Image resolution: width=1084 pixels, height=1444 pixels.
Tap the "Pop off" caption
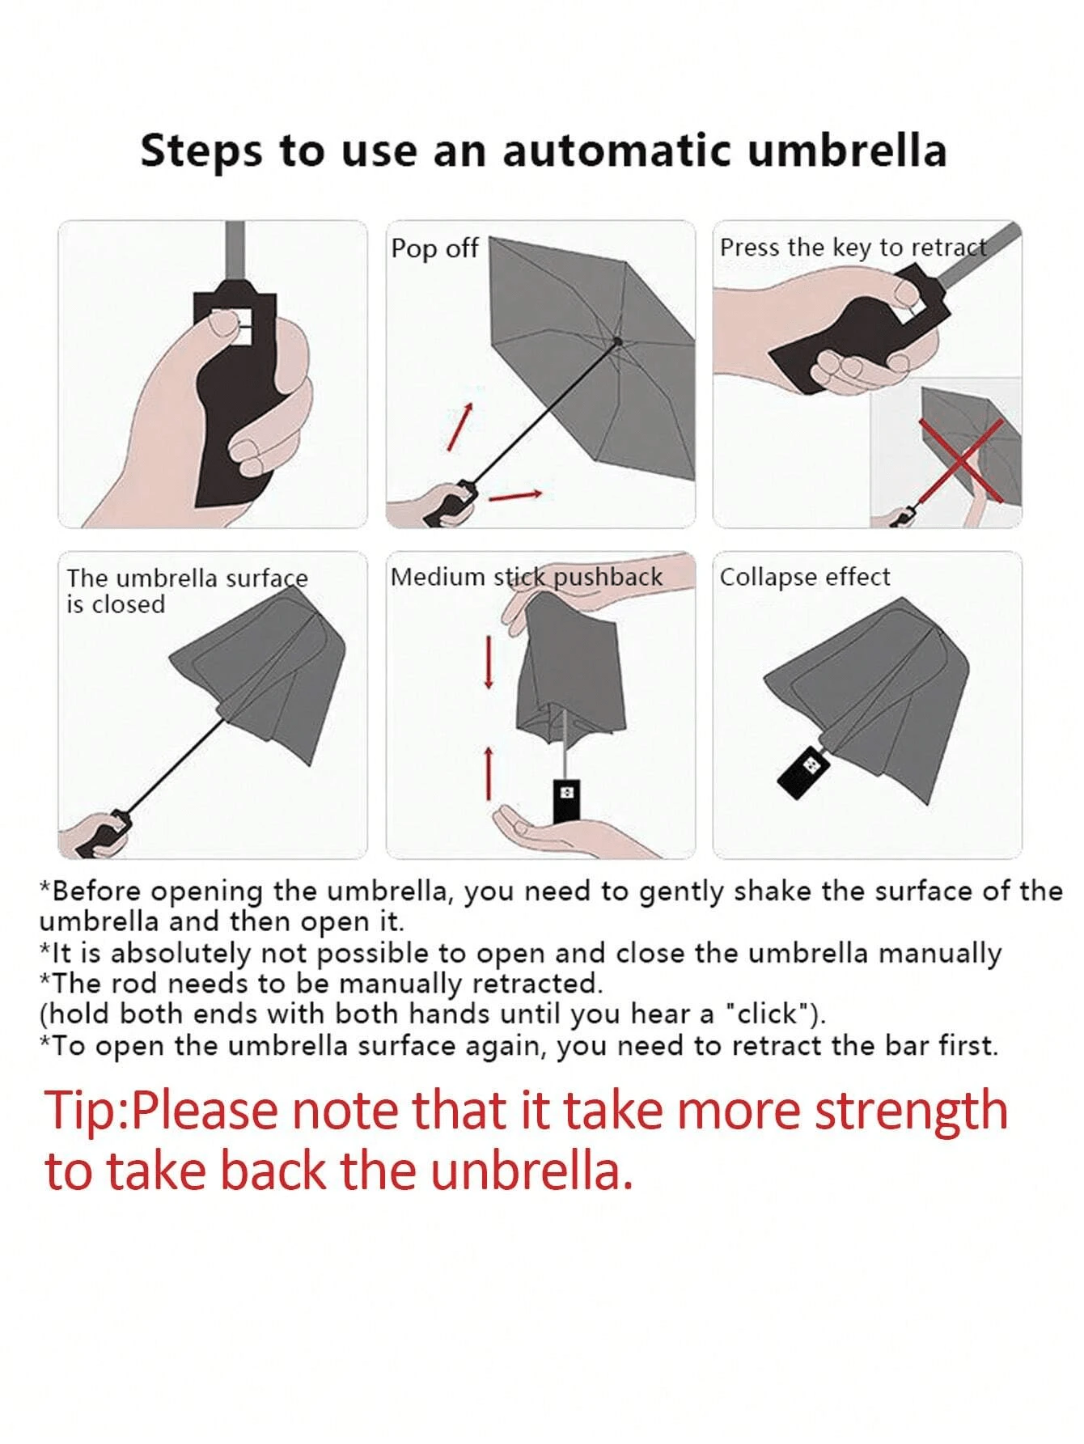434,248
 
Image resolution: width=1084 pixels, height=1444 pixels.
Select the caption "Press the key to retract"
853,247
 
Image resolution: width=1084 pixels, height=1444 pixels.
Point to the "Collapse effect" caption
805,578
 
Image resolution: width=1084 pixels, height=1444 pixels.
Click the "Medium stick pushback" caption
527,577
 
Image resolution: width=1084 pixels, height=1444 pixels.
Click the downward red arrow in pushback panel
489,662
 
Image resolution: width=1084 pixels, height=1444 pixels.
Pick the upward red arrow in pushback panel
489,773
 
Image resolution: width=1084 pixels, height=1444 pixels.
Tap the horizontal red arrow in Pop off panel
515,494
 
